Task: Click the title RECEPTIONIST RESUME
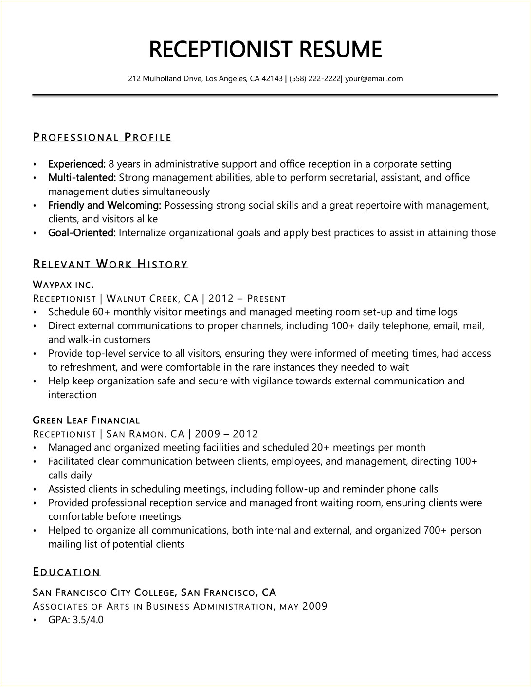point(265,49)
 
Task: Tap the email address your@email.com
point(374,78)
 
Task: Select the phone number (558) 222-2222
point(315,78)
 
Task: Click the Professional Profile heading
point(102,137)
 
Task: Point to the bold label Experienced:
point(77,164)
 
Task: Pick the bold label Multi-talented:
point(81,178)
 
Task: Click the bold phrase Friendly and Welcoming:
point(105,205)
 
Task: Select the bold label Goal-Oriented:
point(81,233)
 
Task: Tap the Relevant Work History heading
point(110,265)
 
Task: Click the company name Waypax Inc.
point(63,285)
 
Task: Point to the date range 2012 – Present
point(247,298)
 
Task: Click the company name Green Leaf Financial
point(86,420)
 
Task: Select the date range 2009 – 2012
point(226,434)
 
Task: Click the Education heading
point(66,572)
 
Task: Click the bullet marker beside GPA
point(35,620)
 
